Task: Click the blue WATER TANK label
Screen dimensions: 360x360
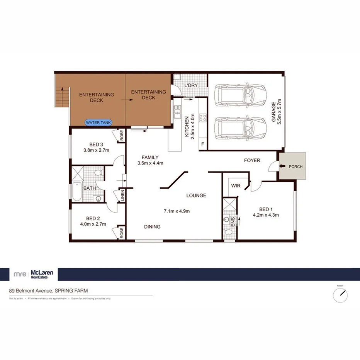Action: (98, 122)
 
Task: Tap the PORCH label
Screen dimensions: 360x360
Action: (295, 166)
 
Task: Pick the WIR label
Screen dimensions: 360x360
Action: (236, 186)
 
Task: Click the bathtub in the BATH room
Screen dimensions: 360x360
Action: (76, 192)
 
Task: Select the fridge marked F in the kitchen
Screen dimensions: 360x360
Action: (202, 144)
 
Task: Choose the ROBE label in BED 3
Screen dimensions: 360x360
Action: (121, 136)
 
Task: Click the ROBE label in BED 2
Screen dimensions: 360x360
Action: (121, 233)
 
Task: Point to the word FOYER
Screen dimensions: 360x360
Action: (252, 160)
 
